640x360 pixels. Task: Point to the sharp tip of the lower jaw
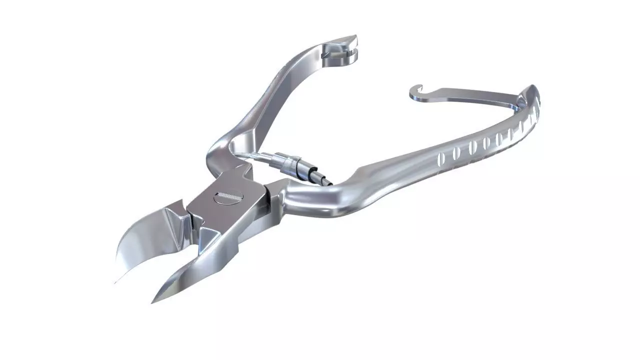pos(153,301)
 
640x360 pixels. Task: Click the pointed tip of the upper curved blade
pos(116,281)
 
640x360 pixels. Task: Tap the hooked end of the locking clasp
pos(415,92)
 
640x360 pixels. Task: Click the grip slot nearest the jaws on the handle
pos(441,158)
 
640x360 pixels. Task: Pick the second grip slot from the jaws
pos(455,152)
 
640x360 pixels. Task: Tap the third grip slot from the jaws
pos(472,147)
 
